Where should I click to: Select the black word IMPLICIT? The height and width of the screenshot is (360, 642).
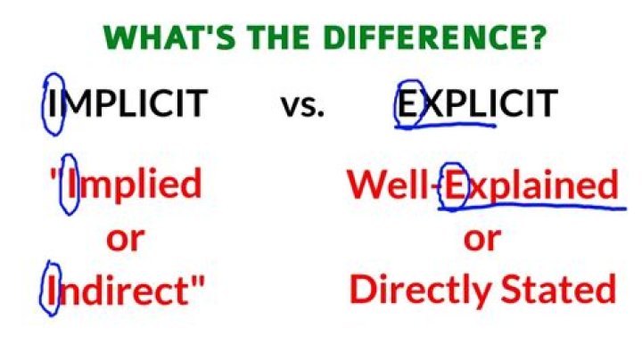click(x=126, y=105)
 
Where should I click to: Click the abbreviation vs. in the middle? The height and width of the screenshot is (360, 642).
click(x=303, y=105)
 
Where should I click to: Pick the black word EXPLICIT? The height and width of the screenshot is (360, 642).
click(x=477, y=105)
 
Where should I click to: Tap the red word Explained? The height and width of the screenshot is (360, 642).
click(x=531, y=184)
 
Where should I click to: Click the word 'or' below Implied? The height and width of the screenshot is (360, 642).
click(x=124, y=239)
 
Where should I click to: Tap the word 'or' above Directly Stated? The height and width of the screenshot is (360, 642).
click(x=481, y=239)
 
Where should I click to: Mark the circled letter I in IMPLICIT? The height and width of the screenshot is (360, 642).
click(x=53, y=105)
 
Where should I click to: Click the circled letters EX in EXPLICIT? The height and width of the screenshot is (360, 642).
click(x=413, y=105)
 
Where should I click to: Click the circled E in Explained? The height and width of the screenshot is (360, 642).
click(x=455, y=185)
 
